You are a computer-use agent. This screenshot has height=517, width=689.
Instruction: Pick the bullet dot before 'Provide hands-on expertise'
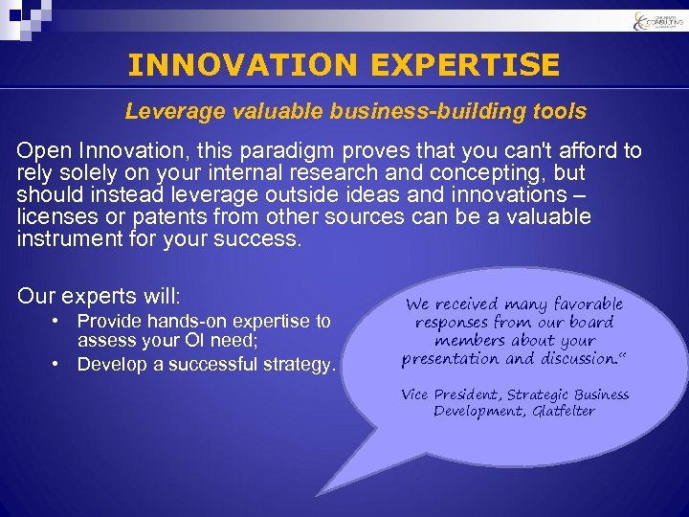[59, 322]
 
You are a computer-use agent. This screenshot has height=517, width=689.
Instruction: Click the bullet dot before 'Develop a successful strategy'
[59, 365]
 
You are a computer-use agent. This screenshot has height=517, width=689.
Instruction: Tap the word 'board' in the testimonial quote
[591, 323]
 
